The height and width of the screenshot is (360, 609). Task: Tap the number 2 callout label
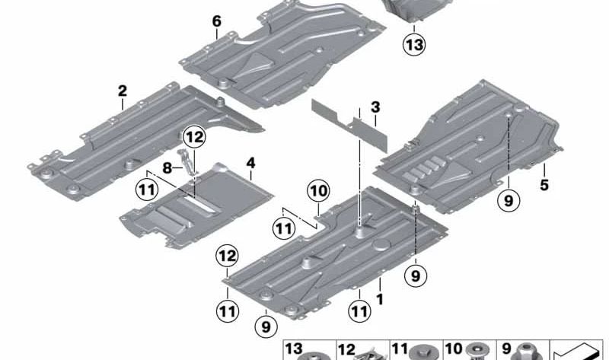point(123,91)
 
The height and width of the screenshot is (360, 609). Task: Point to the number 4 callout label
point(251,163)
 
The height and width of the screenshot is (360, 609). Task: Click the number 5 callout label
point(544,184)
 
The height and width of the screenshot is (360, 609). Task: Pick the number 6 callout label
point(217,21)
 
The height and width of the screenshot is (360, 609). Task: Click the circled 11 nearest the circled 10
point(283,227)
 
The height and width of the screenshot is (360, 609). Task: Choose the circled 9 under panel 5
point(508,200)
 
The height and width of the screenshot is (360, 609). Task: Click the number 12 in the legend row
point(346,349)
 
